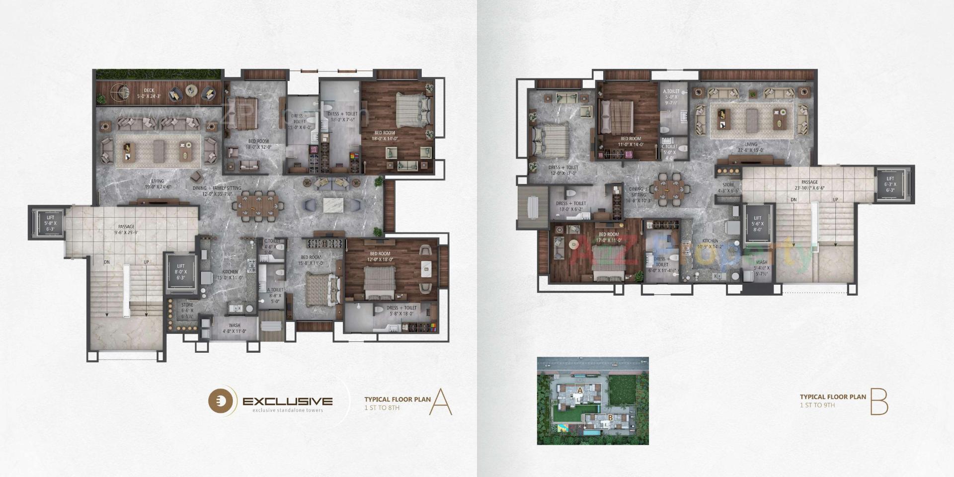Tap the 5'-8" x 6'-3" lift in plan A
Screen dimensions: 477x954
[x=49, y=223]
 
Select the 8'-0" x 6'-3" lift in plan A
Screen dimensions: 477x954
[x=180, y=272]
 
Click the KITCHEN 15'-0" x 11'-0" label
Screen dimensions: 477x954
[x=230, y=275]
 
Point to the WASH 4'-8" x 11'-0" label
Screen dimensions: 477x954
[x=234, y=328]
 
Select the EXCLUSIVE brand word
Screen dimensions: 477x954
[x=287, y=401]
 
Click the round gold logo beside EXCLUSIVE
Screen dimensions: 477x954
[x=221, y=401]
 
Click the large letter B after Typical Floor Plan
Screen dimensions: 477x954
[x=878, y=402]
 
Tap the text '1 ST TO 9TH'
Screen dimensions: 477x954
[x=817, y=405]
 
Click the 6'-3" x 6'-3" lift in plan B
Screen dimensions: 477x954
[x=890, y=184]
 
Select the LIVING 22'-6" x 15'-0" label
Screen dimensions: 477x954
[x=750, y=147]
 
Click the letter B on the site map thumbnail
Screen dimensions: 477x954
[x=610, y=418]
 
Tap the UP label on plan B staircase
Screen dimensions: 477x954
[x=835, y=200]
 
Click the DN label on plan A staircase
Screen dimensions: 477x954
[x=107, y=262]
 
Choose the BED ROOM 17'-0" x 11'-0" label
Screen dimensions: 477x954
[x=609, y=238]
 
